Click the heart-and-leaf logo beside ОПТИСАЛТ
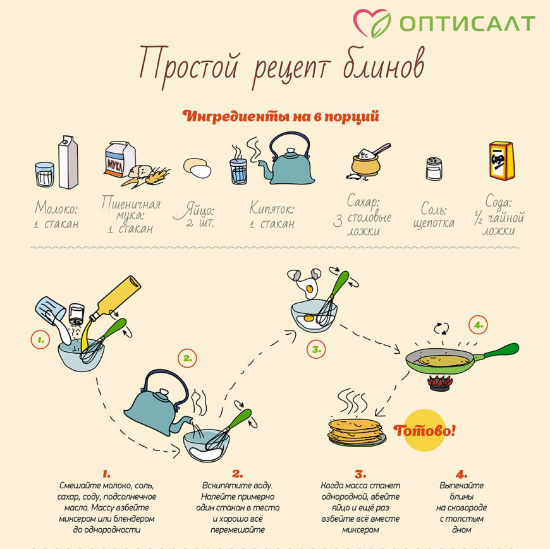(x=372, y=23)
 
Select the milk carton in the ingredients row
(x=68, y=162)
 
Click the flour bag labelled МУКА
(x=120, y=159)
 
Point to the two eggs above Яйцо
(x=197, y=168)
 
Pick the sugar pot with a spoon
(x=367, y=161)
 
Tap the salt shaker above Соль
(x=434, y=169)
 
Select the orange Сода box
(x=502, y=160)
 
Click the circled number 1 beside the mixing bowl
(x=40, y=340)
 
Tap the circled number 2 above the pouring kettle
(x=187, y=358)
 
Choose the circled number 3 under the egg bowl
(x=316, y=349)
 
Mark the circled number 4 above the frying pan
(x=478, y=325)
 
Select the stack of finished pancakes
(x=356, y=432)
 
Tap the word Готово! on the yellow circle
(x=424, y=430)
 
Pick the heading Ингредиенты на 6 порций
(x=281, y=116)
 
